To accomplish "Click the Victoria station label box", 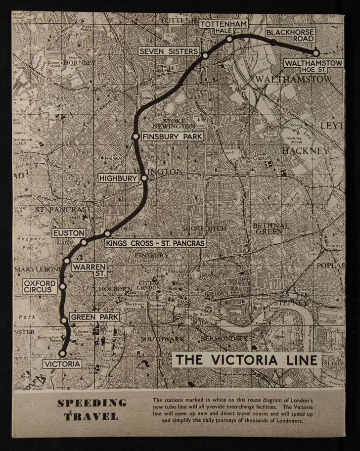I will click(62, 364).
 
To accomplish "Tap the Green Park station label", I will click(94, 316).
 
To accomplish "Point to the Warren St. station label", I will click(90, 270).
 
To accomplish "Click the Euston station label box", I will click(69, 232).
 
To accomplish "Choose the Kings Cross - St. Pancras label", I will click(155, 243).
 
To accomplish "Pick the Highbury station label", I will click(118, 178).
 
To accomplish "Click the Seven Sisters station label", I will click(168, 51).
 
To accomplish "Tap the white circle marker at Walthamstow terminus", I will click(315, 52).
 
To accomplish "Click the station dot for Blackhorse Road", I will click(273, 43).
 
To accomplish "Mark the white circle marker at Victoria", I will click(62, 354).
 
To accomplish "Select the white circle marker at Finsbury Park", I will click(135, 136).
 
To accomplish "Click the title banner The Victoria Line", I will click(247, 360).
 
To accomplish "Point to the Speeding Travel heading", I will click(91, 409).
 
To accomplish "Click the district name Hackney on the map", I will click(305, 150).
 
